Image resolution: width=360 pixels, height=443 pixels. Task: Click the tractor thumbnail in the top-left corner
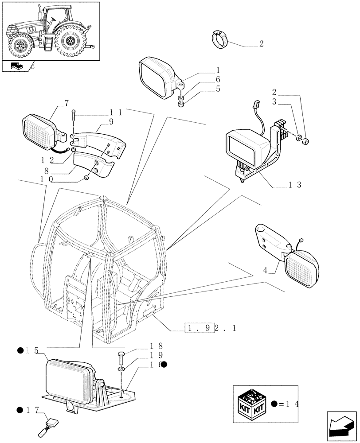point(50,31)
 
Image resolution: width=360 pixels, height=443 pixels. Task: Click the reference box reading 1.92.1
point(210,328)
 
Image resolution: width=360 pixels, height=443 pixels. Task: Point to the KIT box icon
point(251,403)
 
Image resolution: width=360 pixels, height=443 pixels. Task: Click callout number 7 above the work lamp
point(67,103)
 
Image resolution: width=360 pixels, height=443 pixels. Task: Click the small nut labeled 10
point(86,178)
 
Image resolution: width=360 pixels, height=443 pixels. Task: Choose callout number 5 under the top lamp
point(218,89)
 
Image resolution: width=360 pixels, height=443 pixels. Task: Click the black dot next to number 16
point(164,365)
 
